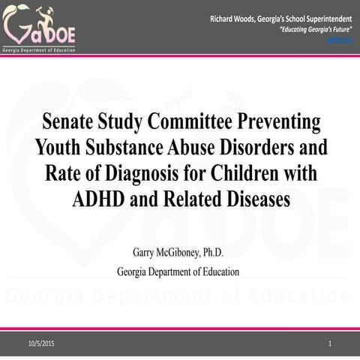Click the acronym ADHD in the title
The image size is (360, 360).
pyautogui.click(x=102, y=199)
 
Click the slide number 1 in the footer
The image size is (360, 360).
pyautogui.click(x=330, y=343)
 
